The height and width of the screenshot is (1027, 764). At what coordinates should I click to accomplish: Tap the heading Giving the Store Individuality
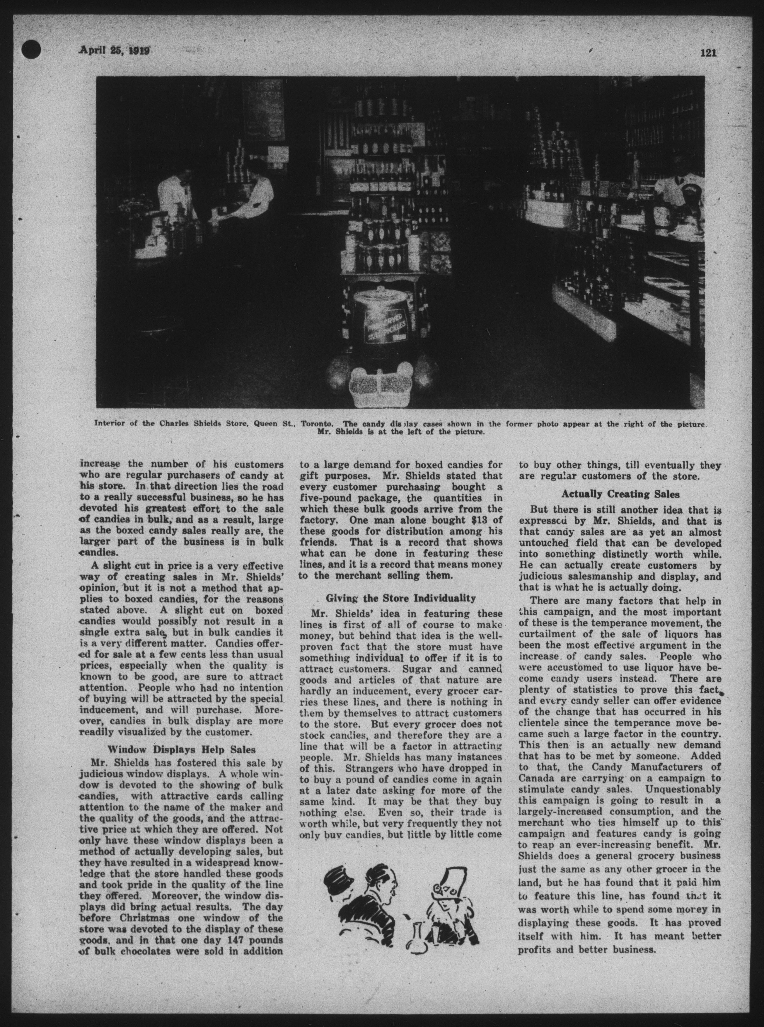click(x=401, y=598)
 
